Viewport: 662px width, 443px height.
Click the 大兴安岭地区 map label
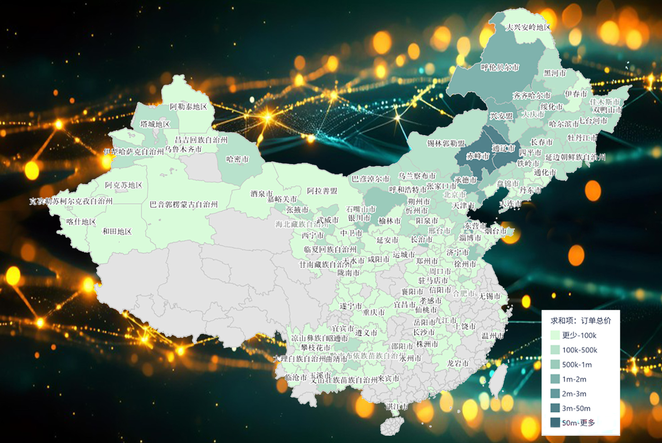[x=528, y=27]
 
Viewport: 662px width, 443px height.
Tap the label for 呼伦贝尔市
[x=500, y=67]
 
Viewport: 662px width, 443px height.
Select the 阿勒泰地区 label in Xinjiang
[x=188, y=107]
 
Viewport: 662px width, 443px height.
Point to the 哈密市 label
[x=237, y=159]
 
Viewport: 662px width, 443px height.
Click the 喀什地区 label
[x=81, y=222]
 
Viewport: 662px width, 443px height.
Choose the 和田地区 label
[x=117, y=232]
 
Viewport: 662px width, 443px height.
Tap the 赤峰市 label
[x=477, y=156]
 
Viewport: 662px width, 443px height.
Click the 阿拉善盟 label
[x=322, y=191]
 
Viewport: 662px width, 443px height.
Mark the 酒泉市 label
[x=261, y=194]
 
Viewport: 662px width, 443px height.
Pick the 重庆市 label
[x=374, y=312]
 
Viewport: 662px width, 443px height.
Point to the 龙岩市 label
[x=458, y=363]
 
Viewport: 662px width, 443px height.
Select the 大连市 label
[x=510, y=204]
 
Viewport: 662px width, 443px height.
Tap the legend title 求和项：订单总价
[x=580, y=321]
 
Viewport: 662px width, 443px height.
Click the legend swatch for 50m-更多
[x=555, y=423]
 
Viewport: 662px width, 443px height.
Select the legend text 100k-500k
[x=579, y=350]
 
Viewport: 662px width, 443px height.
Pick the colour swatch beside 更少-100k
[x=555, y=335]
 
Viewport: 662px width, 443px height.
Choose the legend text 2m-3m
[x=574, y=394]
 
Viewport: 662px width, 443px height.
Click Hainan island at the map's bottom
[x=392, y=426]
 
